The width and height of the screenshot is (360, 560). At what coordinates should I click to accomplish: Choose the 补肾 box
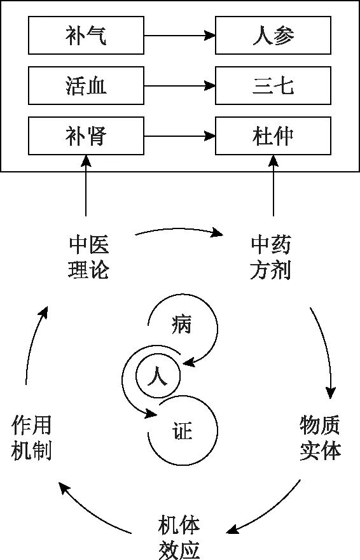click(x=86, y=136)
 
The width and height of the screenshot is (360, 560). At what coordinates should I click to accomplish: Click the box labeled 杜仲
click(x=273, y=136)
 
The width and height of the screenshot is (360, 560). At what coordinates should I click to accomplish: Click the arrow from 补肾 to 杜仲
click(x=179, y=136)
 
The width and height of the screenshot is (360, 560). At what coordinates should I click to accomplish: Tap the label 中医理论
click(x=88, y=258)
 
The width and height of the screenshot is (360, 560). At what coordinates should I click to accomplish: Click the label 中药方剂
click(x=271, y=258)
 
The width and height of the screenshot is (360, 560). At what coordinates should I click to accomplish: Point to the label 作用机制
click(x=32, y=438)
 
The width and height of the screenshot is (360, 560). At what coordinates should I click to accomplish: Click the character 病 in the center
click(x=181, y=325)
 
